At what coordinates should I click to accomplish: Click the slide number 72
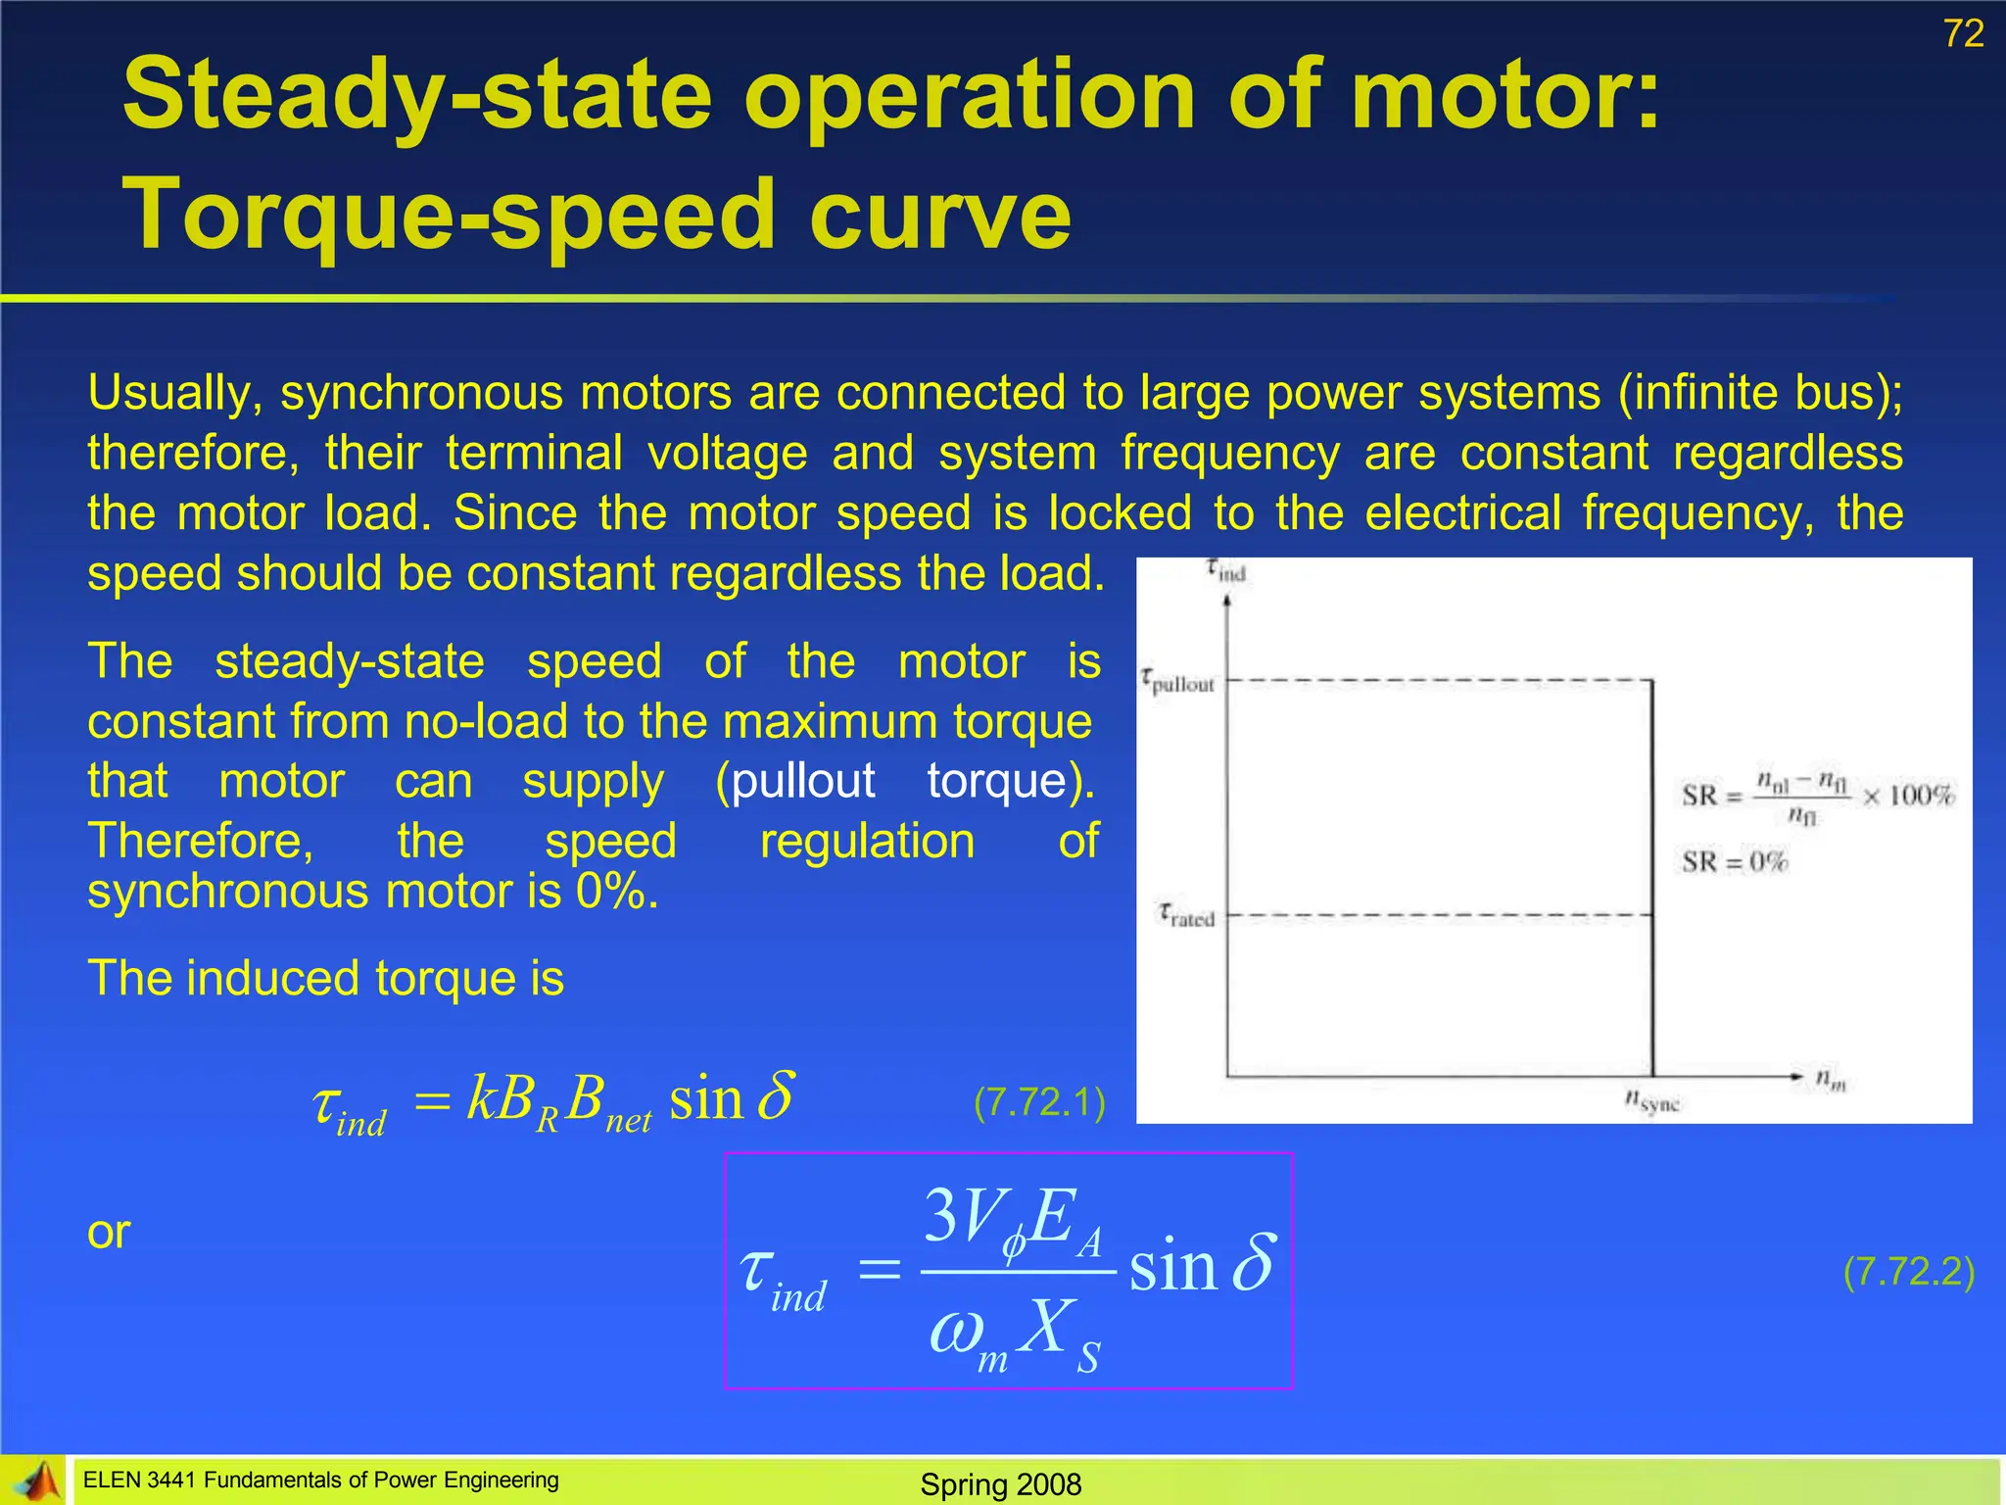[1963, 34]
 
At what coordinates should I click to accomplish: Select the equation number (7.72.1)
[1039, 1102]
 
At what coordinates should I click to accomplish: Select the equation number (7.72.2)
[1908, 1271]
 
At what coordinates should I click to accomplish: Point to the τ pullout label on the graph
[1177, 682]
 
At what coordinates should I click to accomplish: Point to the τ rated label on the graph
[1186, 916]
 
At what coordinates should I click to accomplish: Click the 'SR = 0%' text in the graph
[1735, 862]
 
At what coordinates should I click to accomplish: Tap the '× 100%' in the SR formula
[1908, 795]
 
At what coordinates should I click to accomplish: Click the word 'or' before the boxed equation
[109, 1233]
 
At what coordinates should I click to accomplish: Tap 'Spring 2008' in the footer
[1000, 1484]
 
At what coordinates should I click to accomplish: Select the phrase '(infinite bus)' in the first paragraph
[1760, 393]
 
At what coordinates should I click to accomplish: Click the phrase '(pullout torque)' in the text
[904, 781]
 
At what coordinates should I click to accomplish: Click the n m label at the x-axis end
[1830, 1080]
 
